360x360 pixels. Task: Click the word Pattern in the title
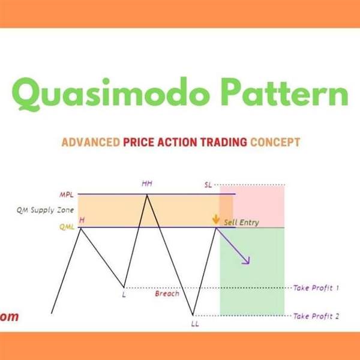pos(284,92)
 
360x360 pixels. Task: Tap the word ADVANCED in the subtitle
pos(91,142)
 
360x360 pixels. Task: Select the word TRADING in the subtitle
pos(224,142)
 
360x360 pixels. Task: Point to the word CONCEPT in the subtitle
pos(275,142)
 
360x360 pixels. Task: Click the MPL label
pos(67,195)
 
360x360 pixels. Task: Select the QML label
pos(67,227)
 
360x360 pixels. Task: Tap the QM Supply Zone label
pos(45,211)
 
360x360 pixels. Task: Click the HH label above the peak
pos(147,184)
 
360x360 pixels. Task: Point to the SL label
pos(208,185)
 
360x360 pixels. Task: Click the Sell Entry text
pos(242,223)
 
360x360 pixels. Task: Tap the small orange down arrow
pos(216,219)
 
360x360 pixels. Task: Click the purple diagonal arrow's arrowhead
pos(247,261)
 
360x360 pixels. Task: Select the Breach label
pos(167,293)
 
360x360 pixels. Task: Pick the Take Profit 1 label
pos(316,288)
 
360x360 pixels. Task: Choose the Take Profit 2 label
pos(316,316)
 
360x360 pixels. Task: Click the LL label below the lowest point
pos(195,324)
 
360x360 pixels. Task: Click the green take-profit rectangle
pos(252,272)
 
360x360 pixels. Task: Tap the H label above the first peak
pos(82,220)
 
